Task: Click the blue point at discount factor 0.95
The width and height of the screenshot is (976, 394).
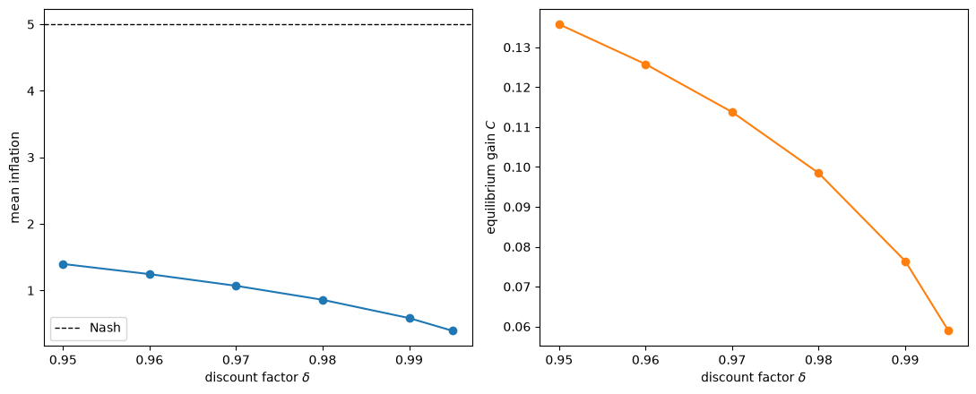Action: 63,265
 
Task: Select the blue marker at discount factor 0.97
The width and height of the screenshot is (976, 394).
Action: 236,286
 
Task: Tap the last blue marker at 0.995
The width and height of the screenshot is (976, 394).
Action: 453,330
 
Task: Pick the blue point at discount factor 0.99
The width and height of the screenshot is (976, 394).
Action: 410,318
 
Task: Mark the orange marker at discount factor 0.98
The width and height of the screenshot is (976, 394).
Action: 818,174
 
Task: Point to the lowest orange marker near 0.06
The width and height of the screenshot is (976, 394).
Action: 948,330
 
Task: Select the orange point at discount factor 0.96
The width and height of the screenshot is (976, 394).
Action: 645,64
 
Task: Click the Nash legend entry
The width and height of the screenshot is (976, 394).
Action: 89,328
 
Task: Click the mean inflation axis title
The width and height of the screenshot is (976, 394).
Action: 15,177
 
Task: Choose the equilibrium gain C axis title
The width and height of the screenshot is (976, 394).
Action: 492,177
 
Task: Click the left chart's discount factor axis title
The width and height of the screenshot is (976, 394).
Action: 257,377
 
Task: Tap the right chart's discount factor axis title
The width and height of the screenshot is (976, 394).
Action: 754,377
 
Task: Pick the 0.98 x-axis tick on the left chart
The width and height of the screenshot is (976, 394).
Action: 323,360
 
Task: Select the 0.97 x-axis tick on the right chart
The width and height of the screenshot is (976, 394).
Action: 732,360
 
